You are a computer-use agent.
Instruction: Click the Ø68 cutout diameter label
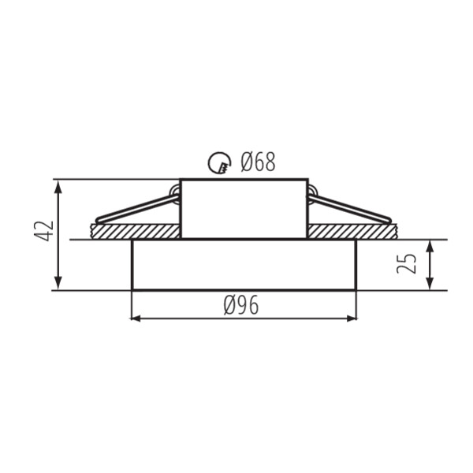click(258, 162)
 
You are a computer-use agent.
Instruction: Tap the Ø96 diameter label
click(241, 305)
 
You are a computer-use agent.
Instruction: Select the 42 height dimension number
click(44, 231)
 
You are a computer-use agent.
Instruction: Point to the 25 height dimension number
click(406, 263)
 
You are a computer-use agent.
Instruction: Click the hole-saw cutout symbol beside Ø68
click(219, 162)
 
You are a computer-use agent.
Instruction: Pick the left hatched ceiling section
click(136, 231)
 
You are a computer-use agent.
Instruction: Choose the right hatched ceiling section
click(352, 231)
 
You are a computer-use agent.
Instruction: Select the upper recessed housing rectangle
click(244, 209)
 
